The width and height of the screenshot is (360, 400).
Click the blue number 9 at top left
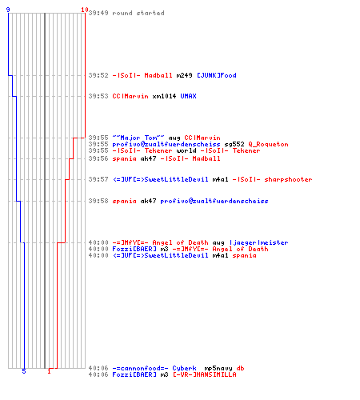tap(8, 10)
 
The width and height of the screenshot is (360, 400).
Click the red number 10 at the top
tap(85, 10)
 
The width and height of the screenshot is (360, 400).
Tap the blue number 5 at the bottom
tap(24, 371)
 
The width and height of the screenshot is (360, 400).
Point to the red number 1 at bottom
tap(49, 371)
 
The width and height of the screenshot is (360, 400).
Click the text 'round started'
tap(138, 13)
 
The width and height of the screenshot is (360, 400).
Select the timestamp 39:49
tap(98, 13)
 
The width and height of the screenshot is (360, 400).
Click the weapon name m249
tap(184, 75)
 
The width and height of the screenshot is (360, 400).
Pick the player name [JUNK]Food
tap(217, 75)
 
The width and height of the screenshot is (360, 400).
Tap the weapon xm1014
tap(164, 96)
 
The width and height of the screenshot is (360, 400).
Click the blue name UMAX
tap(188, 96)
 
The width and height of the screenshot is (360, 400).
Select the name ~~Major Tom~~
tap(138, 138)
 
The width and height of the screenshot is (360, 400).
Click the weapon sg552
tap(234, 144)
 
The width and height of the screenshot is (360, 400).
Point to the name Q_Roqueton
tap(268, 144)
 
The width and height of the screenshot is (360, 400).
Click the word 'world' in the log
tap(186, 150)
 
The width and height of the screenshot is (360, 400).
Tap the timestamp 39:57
tap(98, 179)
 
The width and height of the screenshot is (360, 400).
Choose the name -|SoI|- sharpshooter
tap(272, 179)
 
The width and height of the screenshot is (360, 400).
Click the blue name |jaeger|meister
tap(258, 242)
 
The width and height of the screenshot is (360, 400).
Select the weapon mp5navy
tap(218, 368)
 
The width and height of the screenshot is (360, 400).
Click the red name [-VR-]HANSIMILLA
tap(205, 374)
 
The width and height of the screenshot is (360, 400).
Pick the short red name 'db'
tap(240, 368)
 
